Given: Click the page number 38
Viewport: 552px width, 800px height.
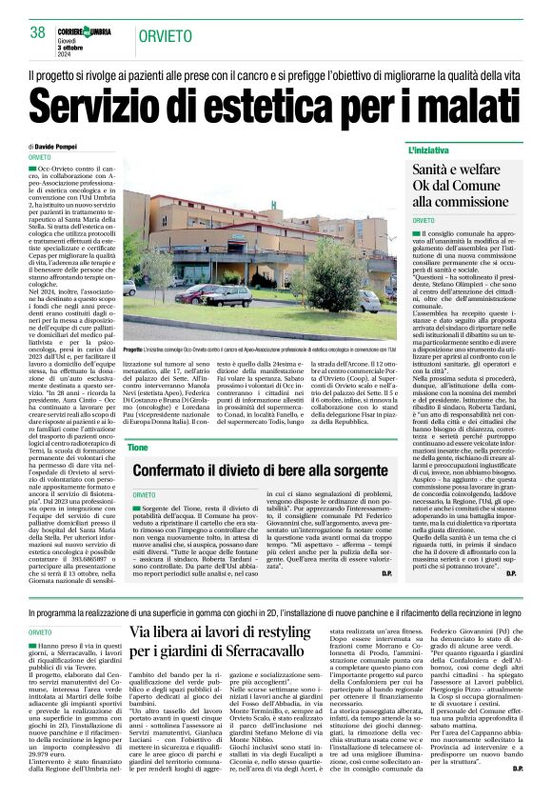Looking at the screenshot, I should (x=38, y=31).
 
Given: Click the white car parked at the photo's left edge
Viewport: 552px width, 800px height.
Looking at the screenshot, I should (x=129, y=287).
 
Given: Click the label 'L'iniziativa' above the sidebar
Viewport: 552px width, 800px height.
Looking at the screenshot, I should (x=429, y=151).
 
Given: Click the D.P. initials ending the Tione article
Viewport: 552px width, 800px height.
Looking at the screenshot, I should (x=386, y=573).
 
